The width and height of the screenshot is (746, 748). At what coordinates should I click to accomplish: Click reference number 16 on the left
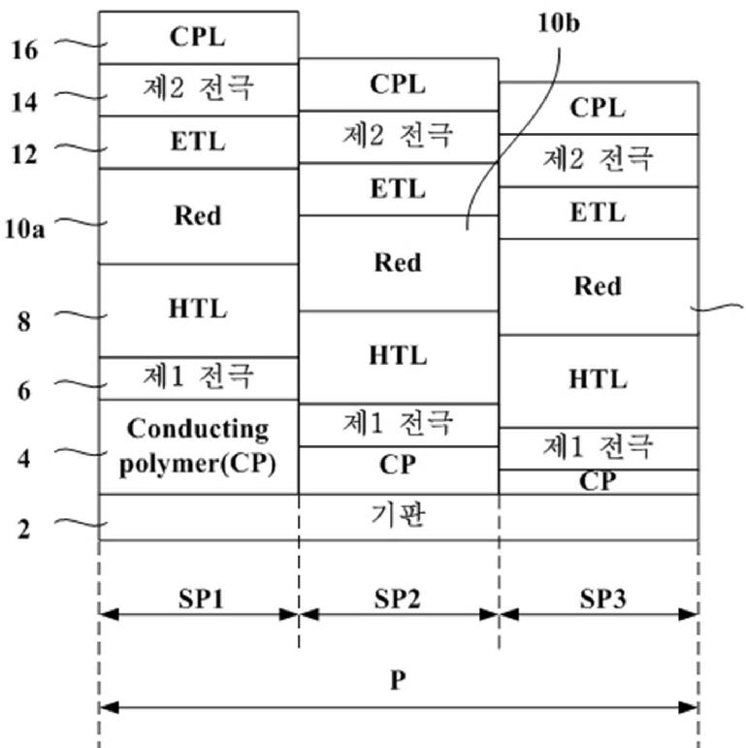(24, 50)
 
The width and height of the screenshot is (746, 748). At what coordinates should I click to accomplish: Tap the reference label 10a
(24, 229)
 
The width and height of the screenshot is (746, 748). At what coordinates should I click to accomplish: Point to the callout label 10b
(559, 23)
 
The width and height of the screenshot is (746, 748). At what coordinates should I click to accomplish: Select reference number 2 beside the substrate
(24, 529)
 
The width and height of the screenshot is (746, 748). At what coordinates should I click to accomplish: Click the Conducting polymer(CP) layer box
(199, 447)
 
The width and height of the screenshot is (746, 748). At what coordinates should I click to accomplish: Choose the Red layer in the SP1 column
(199, 216)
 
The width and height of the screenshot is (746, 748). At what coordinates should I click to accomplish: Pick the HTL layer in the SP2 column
(399, 357)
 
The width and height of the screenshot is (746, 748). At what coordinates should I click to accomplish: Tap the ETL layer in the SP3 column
(599, 212)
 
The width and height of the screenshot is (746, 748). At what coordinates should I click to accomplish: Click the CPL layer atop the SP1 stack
(199, 38)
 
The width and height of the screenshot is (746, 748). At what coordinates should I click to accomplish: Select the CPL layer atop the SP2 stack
(399, 85)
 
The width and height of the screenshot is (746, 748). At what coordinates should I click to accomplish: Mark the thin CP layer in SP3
(599, 482)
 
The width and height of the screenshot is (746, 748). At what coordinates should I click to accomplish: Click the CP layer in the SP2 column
(399, 471)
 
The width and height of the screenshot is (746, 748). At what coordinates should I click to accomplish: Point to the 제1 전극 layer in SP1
(199, 378)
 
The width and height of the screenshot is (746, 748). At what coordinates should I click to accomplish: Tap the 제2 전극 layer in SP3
(599, 161)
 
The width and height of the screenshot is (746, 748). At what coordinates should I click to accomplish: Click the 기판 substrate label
(398, 516)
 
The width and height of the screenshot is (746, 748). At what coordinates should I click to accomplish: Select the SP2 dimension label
(398, 599)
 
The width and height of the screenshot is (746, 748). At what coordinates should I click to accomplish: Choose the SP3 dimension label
(602, 599)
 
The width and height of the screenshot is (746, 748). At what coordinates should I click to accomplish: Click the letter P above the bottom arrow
(399, 680)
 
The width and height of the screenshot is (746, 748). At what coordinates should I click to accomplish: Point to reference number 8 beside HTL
(24, 321)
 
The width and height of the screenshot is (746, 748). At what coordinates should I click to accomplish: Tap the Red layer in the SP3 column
(599, 287)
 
